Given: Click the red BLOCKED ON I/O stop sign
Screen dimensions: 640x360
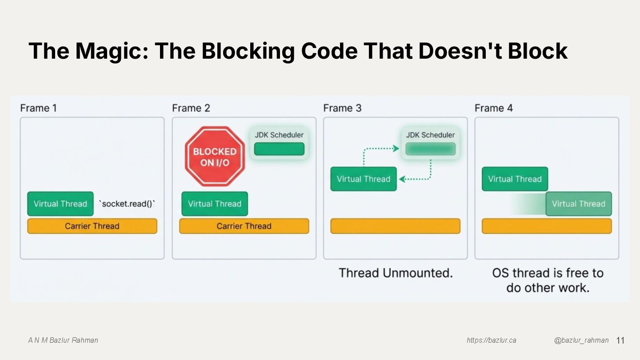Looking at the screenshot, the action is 215,157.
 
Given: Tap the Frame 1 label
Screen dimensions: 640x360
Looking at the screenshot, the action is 38,108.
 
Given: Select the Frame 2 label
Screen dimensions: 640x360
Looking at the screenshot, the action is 191,108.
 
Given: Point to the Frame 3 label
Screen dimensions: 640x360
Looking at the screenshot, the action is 342,108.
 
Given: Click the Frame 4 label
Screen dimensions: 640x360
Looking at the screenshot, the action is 493,108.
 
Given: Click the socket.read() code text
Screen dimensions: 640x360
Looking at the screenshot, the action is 127,204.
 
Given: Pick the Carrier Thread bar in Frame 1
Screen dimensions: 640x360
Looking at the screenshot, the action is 92,226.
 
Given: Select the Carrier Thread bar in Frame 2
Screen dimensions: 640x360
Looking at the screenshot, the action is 244,226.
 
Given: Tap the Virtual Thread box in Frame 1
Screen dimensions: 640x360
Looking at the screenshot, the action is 60,204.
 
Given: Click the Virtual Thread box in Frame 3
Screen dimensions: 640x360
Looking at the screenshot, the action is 363,179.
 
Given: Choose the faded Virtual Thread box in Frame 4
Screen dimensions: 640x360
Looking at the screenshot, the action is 578,204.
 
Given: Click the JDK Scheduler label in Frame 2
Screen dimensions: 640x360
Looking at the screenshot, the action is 279,135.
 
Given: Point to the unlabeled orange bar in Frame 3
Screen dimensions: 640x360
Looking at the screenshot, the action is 395,226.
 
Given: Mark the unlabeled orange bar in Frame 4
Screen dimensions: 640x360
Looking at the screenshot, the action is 547,226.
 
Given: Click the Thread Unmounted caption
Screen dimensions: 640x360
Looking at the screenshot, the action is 396,273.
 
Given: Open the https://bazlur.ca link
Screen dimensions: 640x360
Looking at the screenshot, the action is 491,340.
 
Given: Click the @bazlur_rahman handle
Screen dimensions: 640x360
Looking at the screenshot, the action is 581,340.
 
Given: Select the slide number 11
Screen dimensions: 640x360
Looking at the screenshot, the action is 620,340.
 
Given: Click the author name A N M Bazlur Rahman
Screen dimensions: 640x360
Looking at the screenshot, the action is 63,340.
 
